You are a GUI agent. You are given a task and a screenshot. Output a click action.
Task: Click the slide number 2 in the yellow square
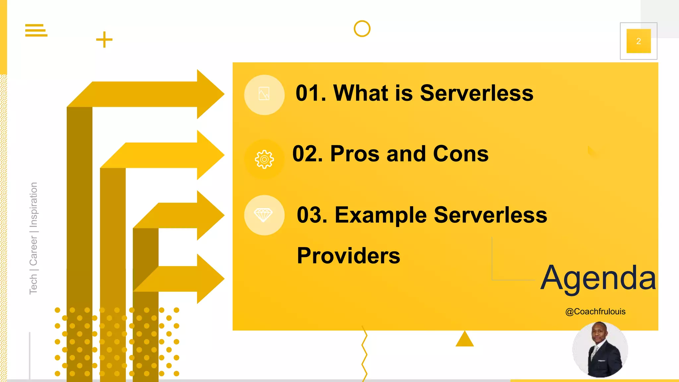tap(638, 41)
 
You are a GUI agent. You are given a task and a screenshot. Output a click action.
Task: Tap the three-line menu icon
tap(36, 30)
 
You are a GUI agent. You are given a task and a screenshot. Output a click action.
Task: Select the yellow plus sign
tap(104, 39)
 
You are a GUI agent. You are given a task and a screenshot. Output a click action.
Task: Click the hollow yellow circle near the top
tap(362, 29)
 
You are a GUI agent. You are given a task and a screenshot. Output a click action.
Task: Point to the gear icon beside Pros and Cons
tap(264, 159)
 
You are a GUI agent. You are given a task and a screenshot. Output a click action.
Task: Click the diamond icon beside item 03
tap(264, 215)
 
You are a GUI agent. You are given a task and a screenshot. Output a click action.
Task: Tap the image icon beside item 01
tap(264, 94)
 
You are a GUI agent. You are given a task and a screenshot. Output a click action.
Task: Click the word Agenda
tap(598, 278)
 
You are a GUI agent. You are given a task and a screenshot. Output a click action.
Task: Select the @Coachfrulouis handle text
tap(595, 312)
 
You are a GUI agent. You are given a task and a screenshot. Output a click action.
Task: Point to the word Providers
tap(348, 256)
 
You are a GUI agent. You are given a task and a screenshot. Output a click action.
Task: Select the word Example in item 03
tap(381, 215)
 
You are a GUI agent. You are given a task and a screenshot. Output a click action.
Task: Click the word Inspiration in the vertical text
tap(33, 205)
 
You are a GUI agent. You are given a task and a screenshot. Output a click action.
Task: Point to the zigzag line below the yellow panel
tap(364, 353)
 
